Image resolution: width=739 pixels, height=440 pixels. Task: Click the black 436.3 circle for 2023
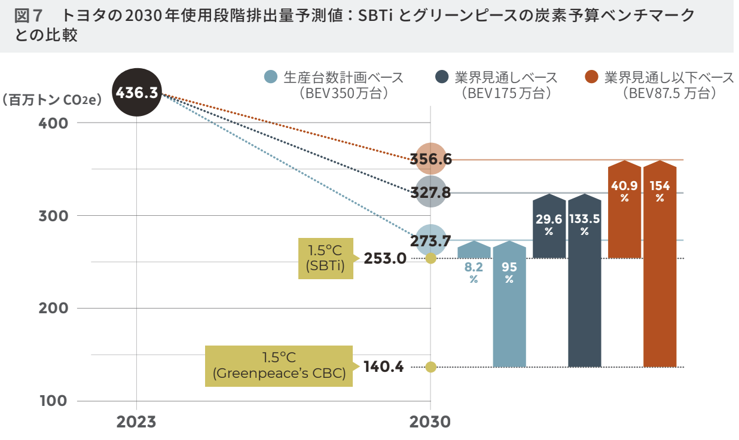point(137,93)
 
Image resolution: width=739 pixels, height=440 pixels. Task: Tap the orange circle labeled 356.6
point(430,159)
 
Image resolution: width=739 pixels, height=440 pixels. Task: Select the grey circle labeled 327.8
point(430,192)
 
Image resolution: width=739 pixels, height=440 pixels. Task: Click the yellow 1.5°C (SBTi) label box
point(325,258)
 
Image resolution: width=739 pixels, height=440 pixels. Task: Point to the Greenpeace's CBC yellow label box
point(279,366)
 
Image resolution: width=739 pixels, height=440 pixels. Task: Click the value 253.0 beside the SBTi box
point(385,259)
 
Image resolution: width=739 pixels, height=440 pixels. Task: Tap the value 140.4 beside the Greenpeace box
point(384,367)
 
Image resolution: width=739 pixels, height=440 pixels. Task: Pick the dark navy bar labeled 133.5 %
point(584,281)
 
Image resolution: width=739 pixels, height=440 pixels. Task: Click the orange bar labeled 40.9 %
point(624,209)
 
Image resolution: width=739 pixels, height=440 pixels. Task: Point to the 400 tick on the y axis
point(55,123)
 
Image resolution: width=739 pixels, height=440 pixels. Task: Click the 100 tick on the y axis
point(55,401)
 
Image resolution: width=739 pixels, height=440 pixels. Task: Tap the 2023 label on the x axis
point(136,422)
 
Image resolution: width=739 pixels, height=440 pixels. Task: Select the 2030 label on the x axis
point(430,422)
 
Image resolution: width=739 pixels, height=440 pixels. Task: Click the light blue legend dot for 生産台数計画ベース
point(271,77)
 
